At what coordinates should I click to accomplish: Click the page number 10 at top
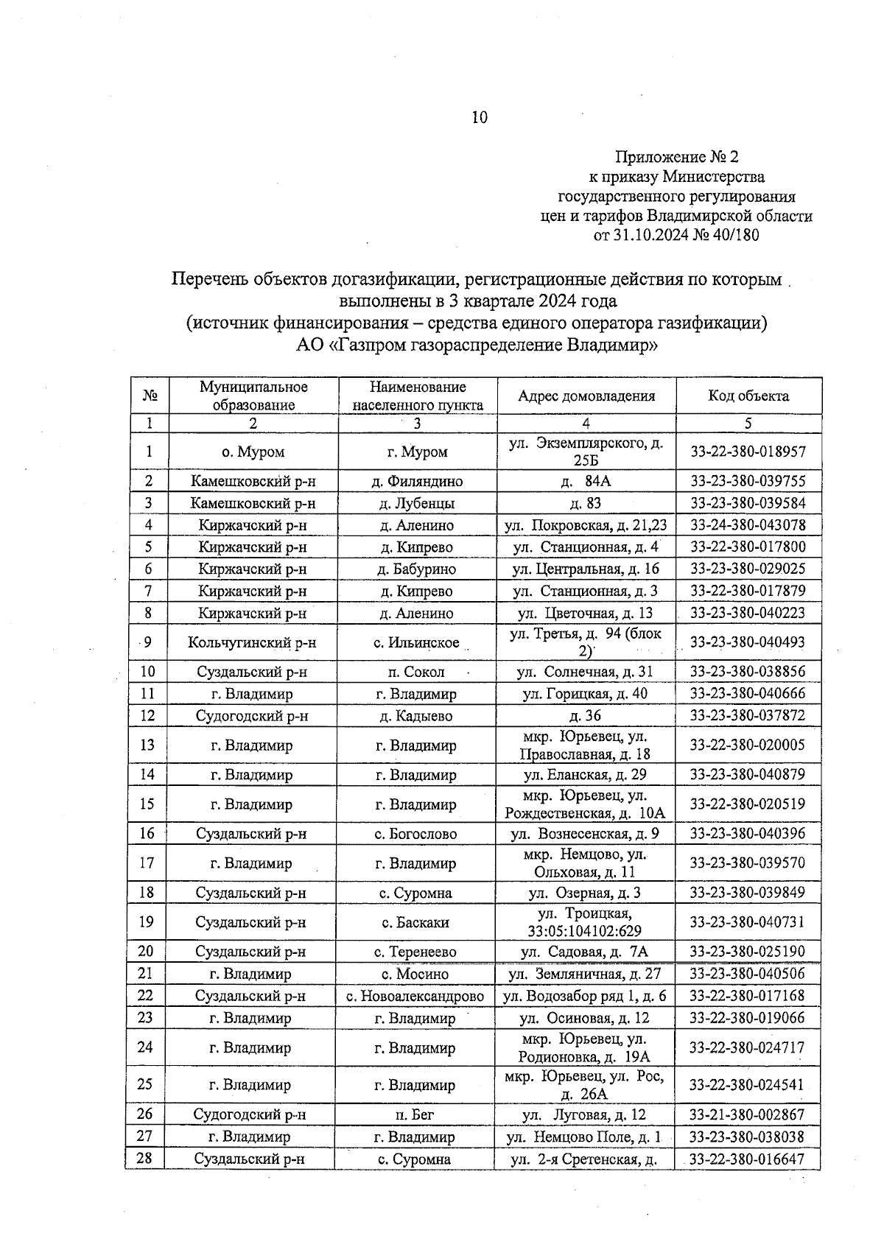(x=479, y=117)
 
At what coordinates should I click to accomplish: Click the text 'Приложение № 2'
(x=676, y=157)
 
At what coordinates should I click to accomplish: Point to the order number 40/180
(x=731, y=236)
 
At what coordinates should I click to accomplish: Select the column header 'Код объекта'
(x=748, y=396)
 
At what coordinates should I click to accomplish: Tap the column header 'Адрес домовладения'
(x=586, y=396)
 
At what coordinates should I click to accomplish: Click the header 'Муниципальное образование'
(x=253, y=396)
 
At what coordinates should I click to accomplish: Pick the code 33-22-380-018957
(x=748, y=452)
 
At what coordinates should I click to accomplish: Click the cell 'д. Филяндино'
(x=417, y=482)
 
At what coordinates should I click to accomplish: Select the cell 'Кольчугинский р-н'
(x=252, y=642)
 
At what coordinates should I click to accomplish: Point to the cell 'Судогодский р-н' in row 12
(x=252, y=716)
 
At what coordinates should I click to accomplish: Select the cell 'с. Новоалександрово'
(x=415, y=996)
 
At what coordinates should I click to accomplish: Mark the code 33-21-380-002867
(x=747, y=1114)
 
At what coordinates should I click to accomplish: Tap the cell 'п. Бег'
(x=415, y=1114)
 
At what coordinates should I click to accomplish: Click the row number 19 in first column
(x=147, y=922)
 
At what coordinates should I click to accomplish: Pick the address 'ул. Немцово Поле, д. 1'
(x=583, y=1137)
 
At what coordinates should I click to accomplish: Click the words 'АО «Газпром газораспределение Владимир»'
(x=477, y=345)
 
